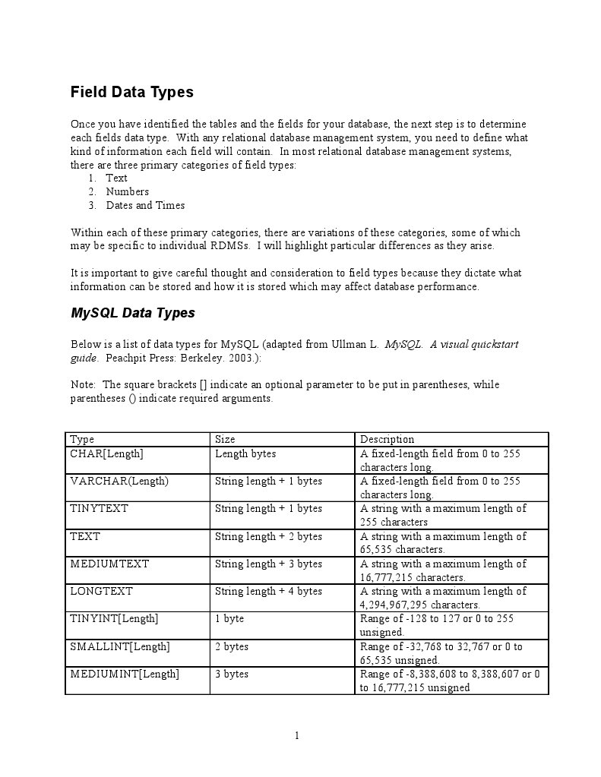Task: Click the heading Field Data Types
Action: (132, 92)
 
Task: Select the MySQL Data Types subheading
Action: (133, 313)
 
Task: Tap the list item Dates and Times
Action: (145, 205)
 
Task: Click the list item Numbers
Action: (128, 191)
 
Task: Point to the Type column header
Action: (82, 439)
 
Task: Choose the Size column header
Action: (225, 439)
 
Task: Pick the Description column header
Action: (387, 439)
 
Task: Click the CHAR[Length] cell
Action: (106, 453)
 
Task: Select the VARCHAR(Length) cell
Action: (119, 481)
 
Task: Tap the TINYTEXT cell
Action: (100, 508)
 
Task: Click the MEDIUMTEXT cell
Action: (109, 564)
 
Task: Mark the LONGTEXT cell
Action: (101, 591)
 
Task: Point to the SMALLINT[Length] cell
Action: (120, 646)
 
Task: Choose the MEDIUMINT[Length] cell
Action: (125, 674)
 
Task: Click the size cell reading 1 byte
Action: (229, 618)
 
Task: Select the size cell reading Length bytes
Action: (245, 453)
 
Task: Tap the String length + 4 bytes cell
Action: (268, 591)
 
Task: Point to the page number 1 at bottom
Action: (297, 735)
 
